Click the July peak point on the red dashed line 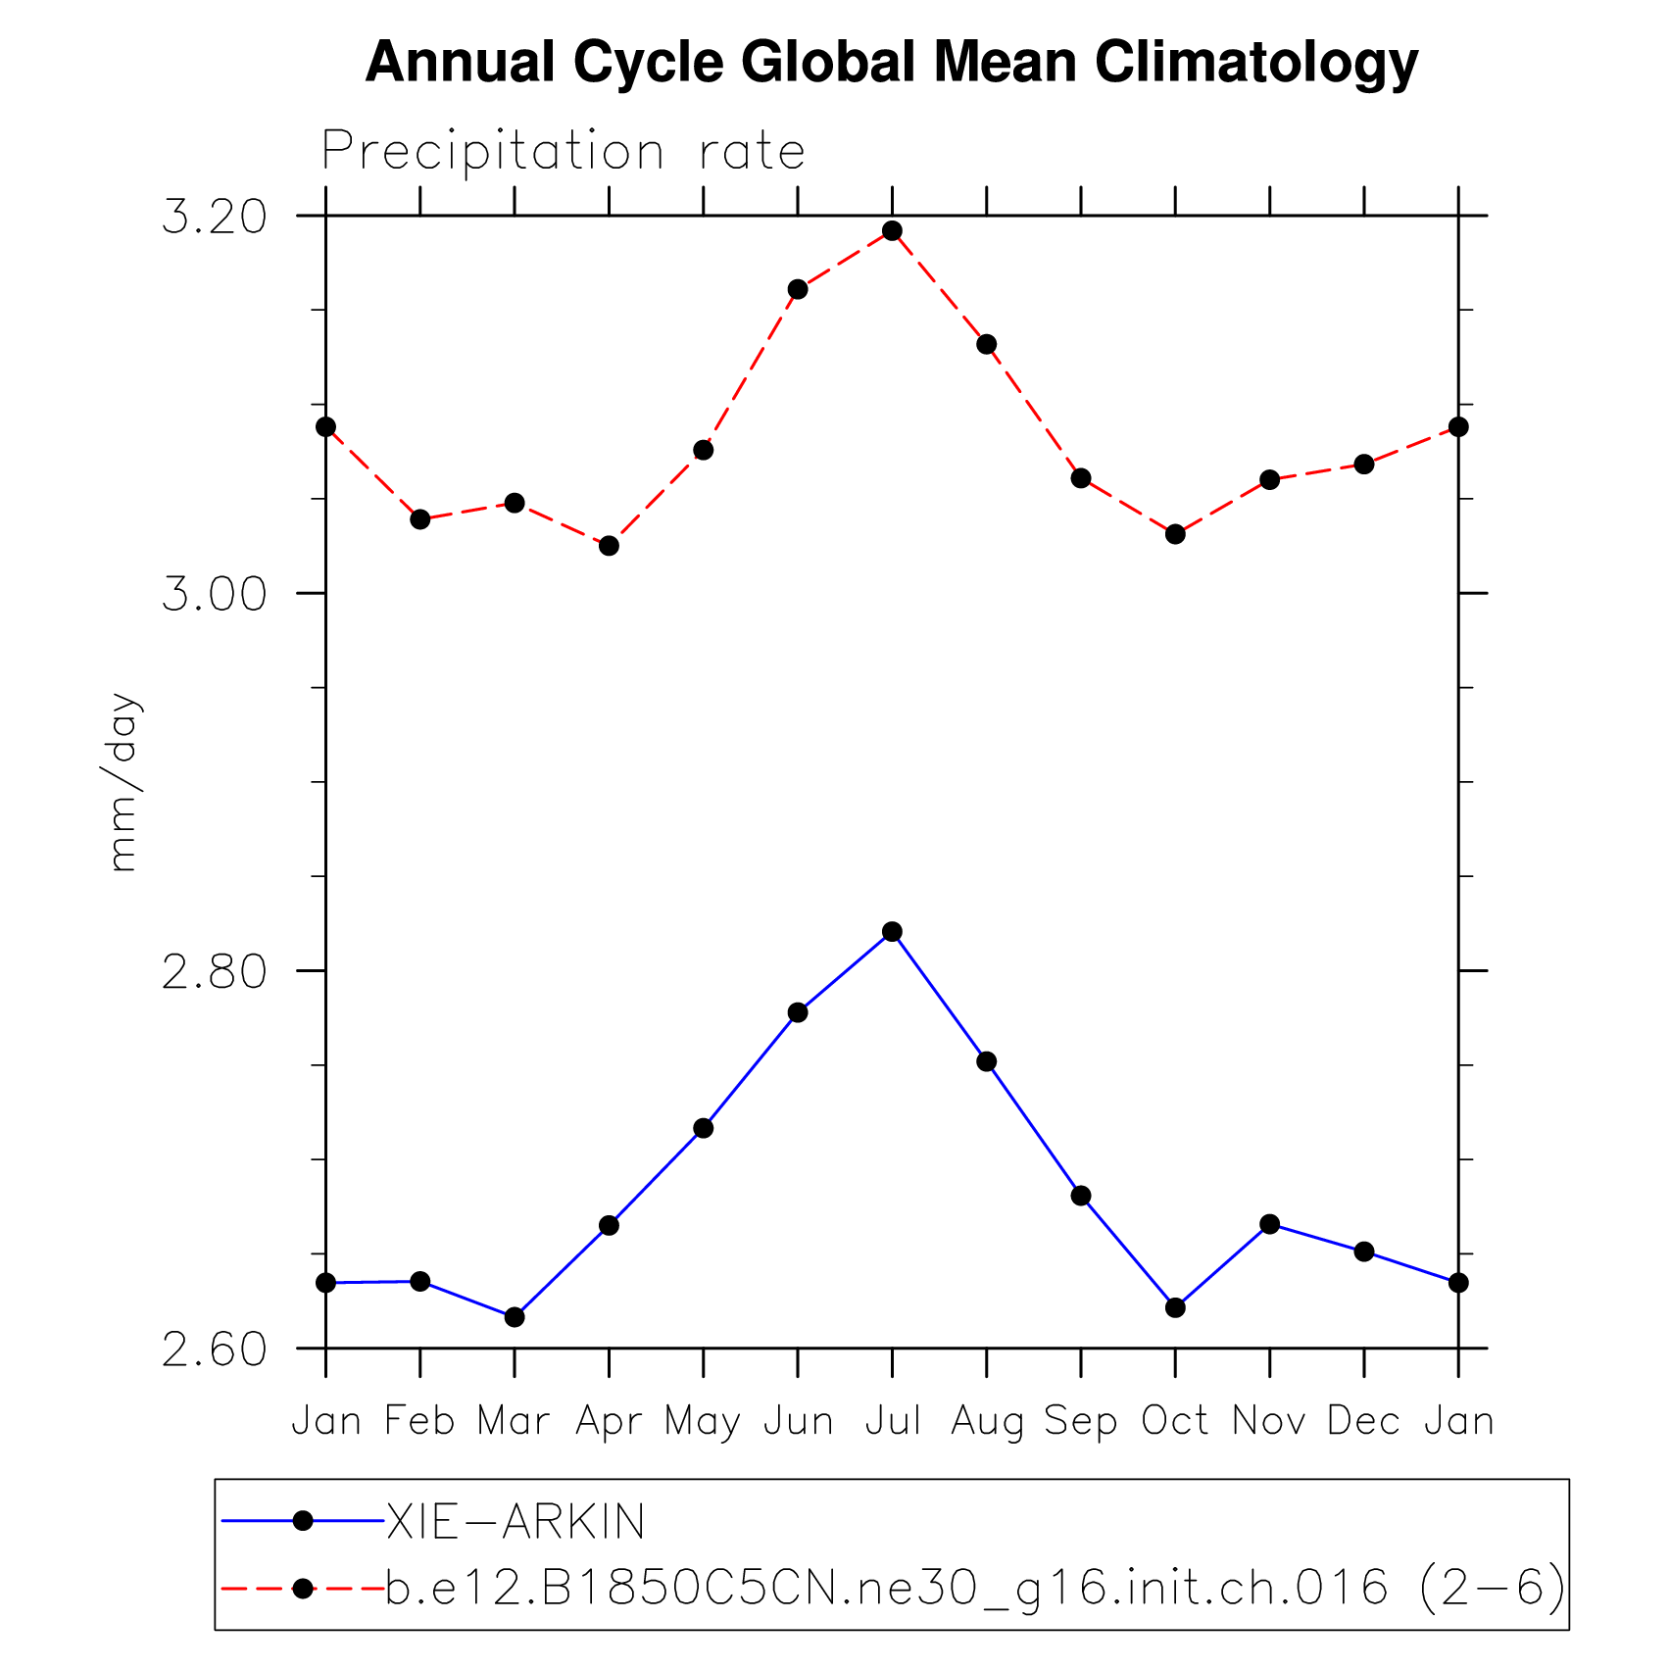click(892, 231)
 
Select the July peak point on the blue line click(892, 931)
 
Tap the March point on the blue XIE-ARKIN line click(515, 1317)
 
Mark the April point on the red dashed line click(609, 546)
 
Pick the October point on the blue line click(1175, 1307)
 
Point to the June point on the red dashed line click(798, 289)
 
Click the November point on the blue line click(1269, 1224)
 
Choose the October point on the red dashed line click(1175, 534)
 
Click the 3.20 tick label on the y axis click(215, 217)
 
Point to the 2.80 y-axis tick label click(215, 972)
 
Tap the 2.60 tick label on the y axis click(215, 1350)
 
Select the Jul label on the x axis click(892, 1420)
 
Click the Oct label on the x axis click(1174, 1420)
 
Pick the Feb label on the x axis click(419, 1420)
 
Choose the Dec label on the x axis click(1363, 1420)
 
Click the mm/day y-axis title click(123, 782)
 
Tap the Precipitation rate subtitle click(564, 152)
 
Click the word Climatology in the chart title click(1256, 63)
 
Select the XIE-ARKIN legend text click(515, 1522)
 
